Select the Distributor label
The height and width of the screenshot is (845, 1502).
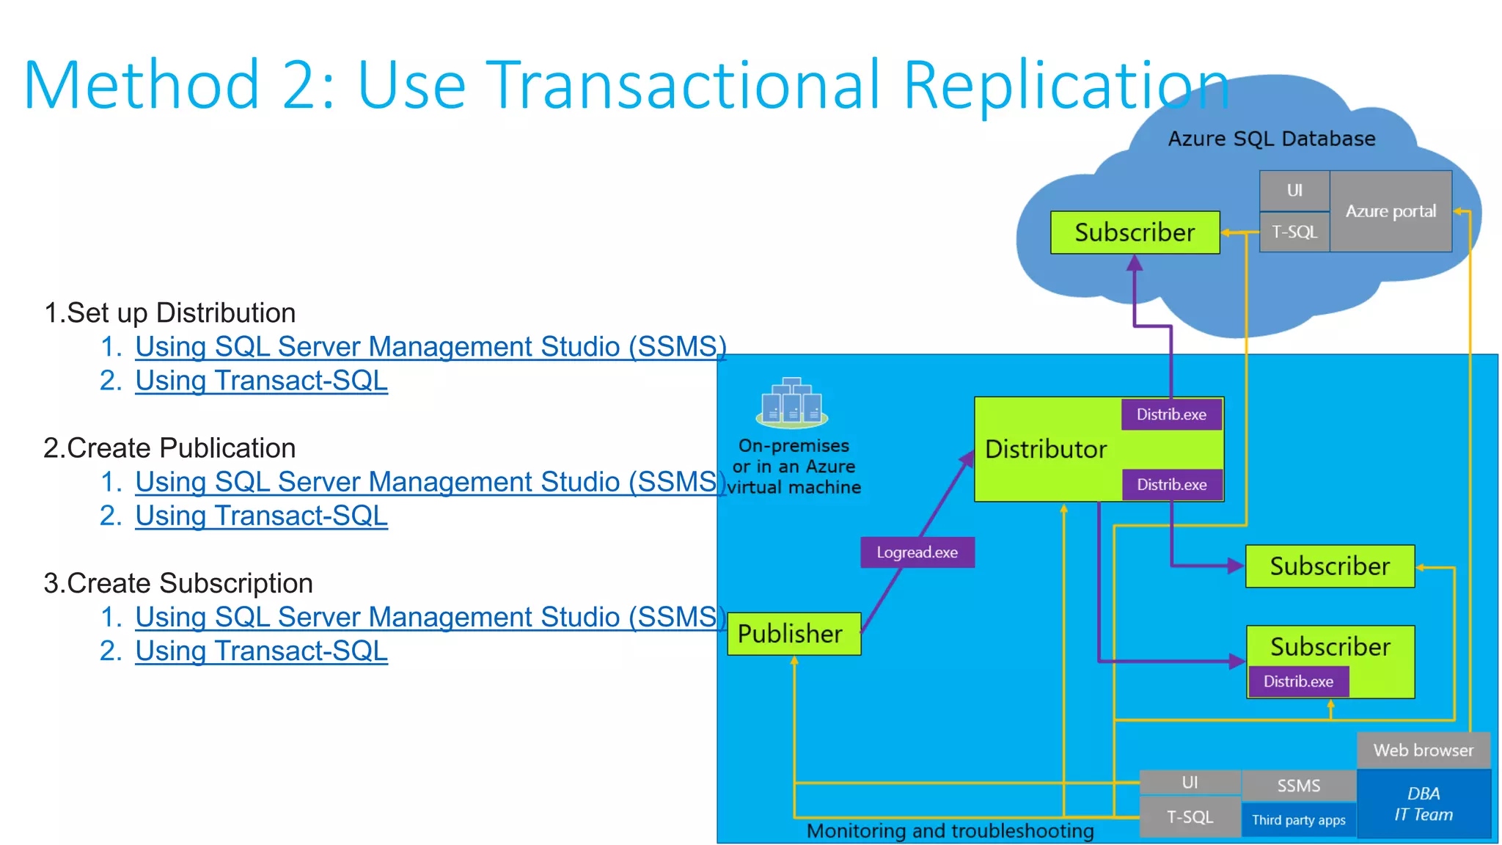(x=1046, y=449)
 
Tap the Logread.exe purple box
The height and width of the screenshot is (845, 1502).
(x=917, y=552)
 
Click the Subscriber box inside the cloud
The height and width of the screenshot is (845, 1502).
(x=1135, y=233)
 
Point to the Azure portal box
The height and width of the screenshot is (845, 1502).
(x=1391, y=211)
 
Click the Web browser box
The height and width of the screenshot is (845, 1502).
(x=1423, y=750)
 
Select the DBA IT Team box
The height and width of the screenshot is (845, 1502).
(x=1423, y=804)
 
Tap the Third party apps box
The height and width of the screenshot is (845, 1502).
(x=1298, y=820)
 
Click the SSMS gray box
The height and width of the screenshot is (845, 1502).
(x=1298, y=786)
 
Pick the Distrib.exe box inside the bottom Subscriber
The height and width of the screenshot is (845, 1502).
(x=1298, y=681)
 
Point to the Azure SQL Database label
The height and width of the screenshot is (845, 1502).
(x=1271, y=139)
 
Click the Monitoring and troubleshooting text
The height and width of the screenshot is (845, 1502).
(x=950, y=831)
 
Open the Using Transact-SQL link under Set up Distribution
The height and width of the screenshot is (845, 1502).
(x=261, y=381)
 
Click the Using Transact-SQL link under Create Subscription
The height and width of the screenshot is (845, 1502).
(x=261, y=651)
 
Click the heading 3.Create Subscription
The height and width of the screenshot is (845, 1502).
(x=178, y=583)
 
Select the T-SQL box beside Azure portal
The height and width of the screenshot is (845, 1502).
(x=1294, y=232)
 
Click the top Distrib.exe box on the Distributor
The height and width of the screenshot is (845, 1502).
(x=1171, y=414)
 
